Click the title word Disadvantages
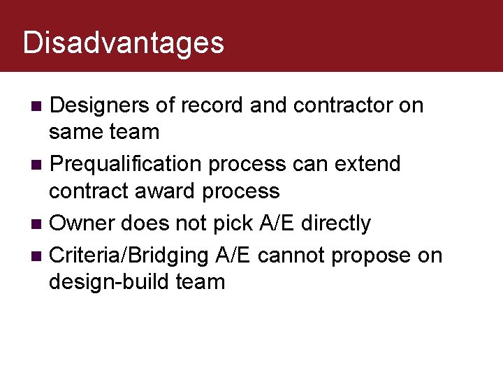[x=123, y=43]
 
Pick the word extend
[x=367, y=165]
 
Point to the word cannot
[x=291, y=256]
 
